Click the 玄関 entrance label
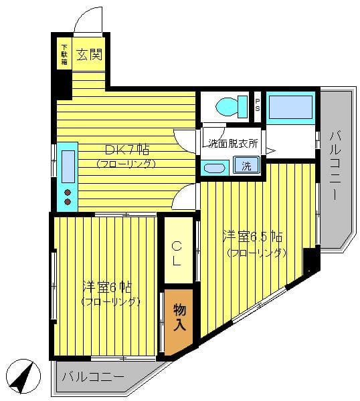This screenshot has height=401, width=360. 90,55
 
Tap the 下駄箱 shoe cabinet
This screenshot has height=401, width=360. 64,53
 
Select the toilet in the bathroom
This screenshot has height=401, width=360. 232,106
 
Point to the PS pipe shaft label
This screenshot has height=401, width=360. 258,105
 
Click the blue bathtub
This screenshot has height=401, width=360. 290,108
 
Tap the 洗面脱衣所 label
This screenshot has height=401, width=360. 233,144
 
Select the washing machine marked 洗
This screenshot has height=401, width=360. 246,165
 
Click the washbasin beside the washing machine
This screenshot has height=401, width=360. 215,168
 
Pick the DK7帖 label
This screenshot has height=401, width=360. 127,150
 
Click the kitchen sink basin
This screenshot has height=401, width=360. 68,166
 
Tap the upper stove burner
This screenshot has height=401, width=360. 68,192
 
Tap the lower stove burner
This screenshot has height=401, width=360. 68,202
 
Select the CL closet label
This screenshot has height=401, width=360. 177,254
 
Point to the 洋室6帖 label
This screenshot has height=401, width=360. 107,287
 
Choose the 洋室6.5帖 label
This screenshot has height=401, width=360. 253,237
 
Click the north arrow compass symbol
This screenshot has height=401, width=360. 23,376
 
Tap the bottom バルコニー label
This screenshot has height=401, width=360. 93,377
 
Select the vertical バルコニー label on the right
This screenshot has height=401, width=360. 335,165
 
